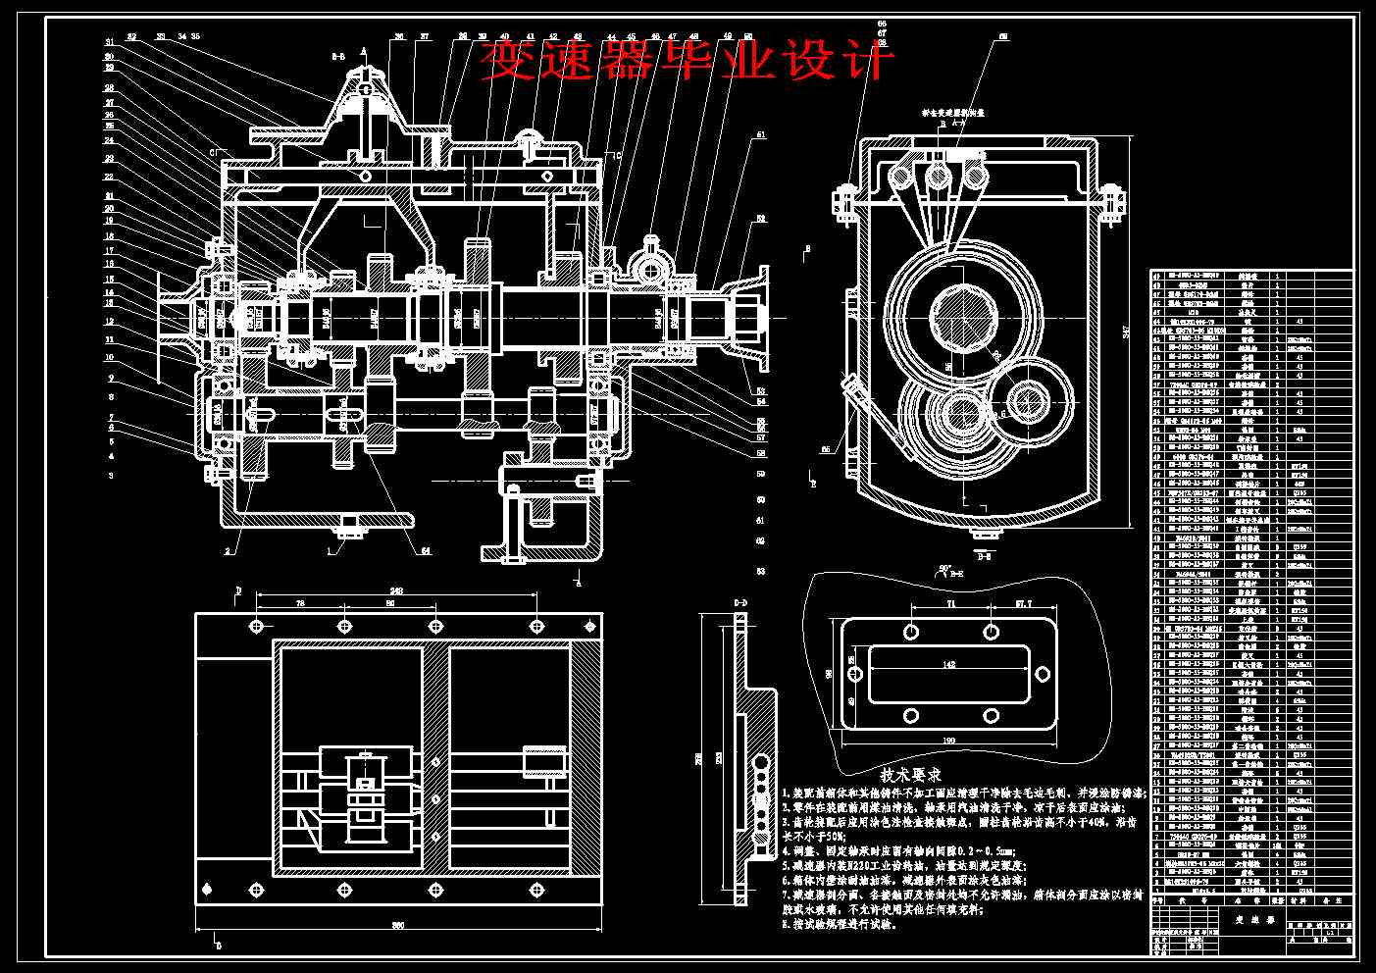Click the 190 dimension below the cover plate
[x=949, y=739]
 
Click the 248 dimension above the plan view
[x=394, y=590]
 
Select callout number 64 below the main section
[x=426, y=551]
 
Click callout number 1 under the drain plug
[x=331, y=549]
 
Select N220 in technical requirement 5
[x=878, y=866]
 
